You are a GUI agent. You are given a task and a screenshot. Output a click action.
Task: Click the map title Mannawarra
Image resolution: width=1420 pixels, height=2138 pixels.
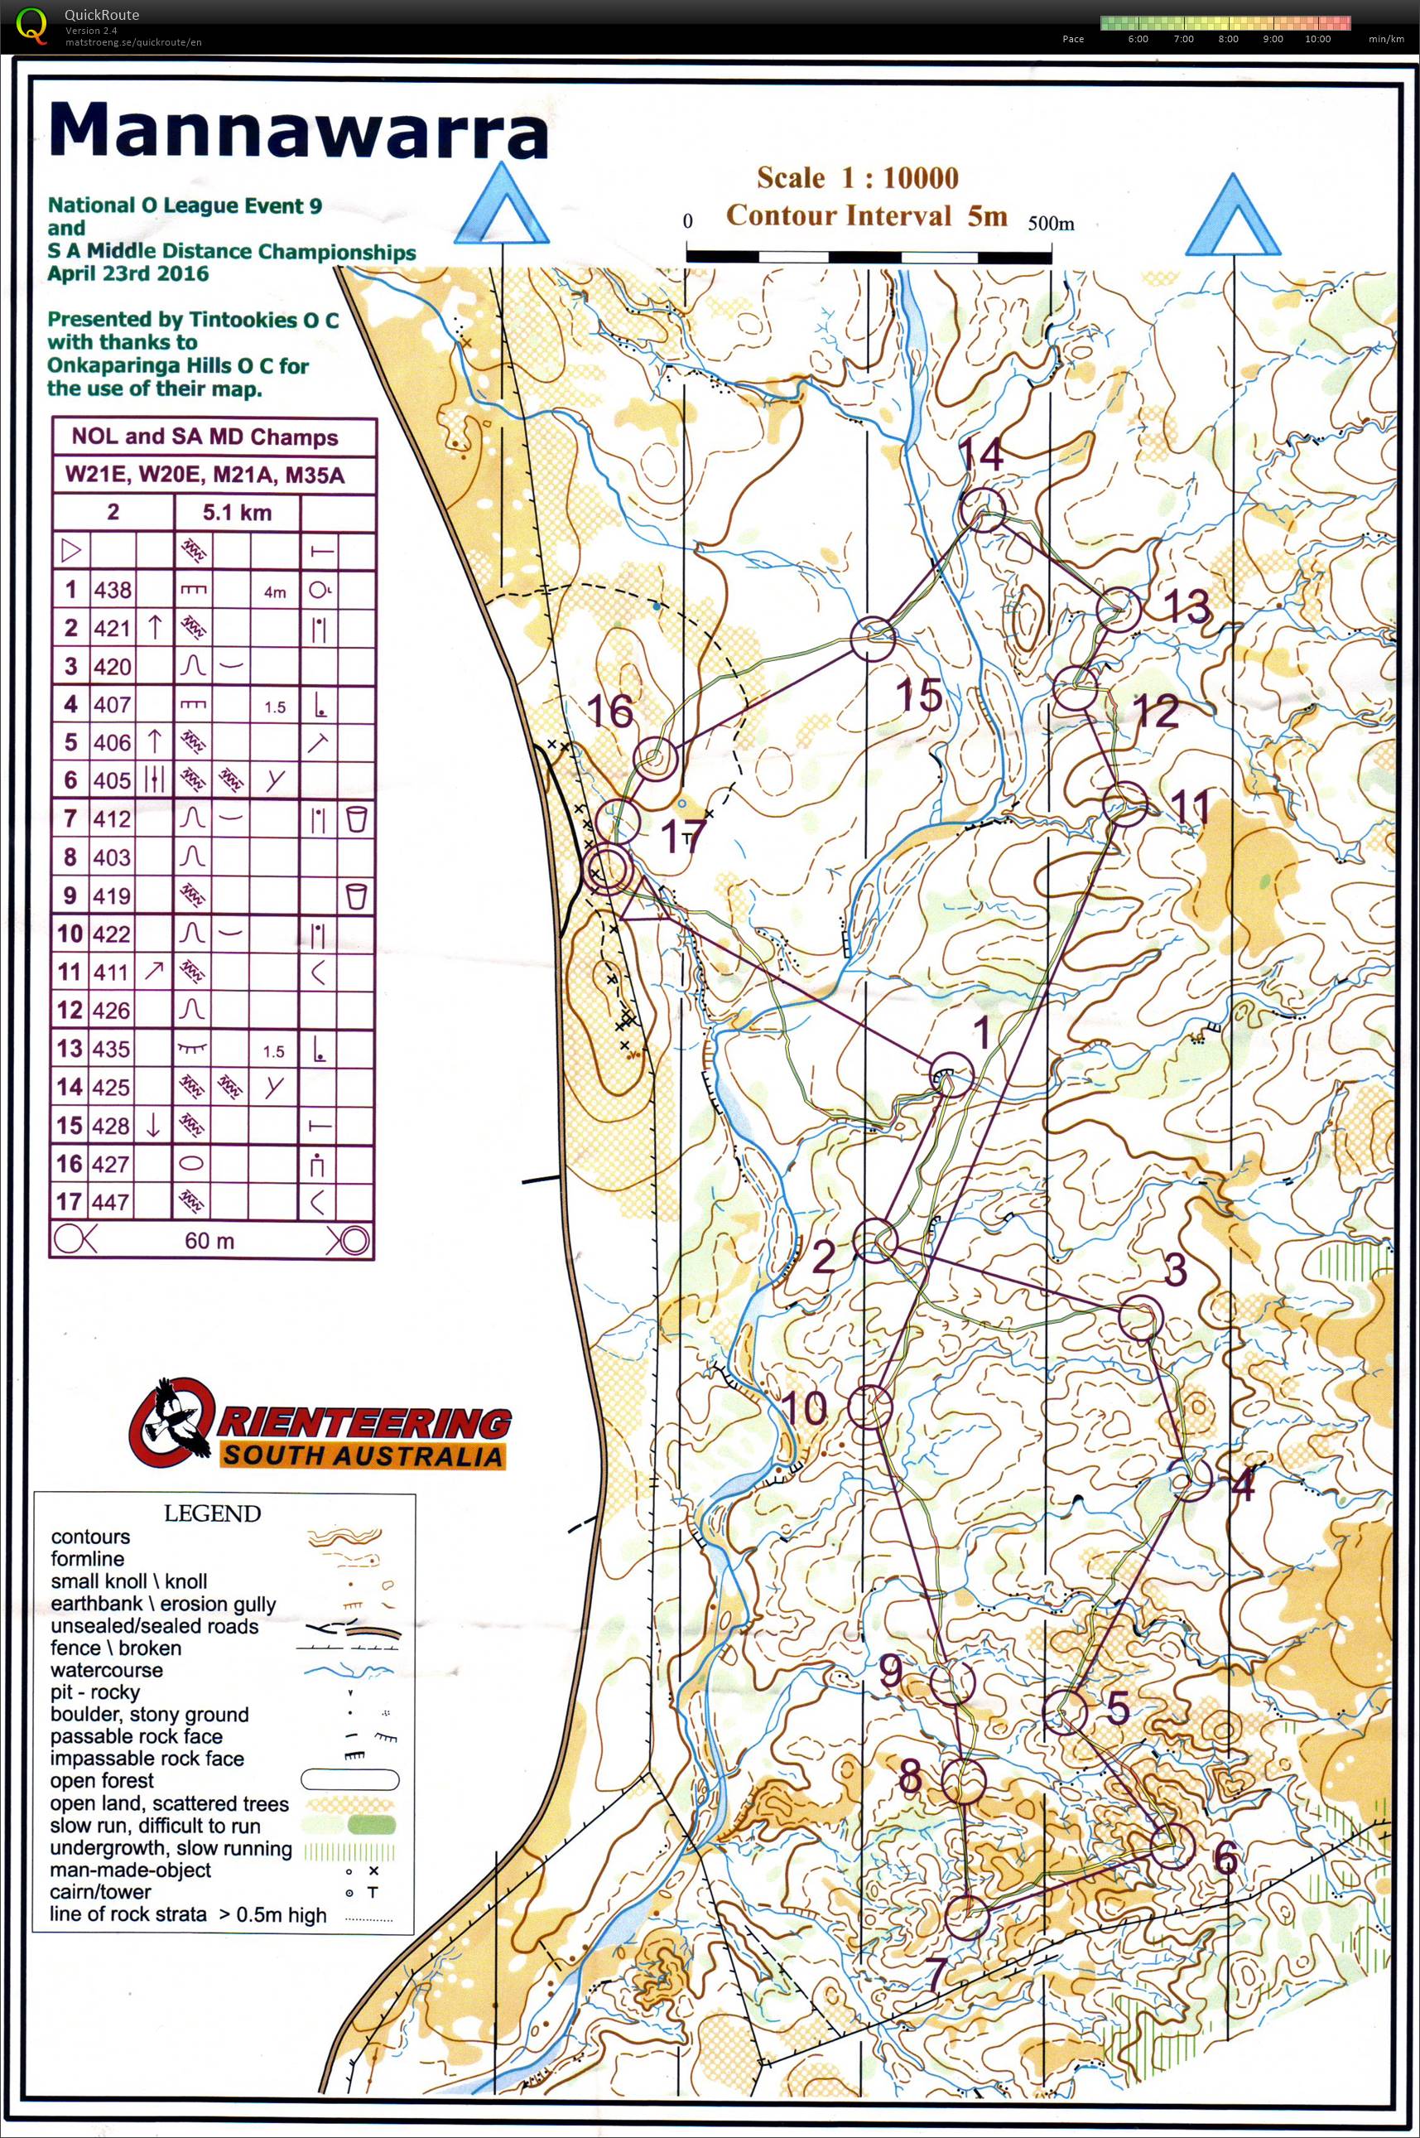pyautogui.click(x=299, y=132)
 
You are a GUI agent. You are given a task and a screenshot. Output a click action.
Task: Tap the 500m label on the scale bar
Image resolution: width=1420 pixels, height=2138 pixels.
pyautogui.click(x=1051, y=223)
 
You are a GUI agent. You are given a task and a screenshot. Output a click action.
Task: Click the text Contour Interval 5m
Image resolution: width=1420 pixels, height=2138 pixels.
pyautogui.click(x=867, y=215)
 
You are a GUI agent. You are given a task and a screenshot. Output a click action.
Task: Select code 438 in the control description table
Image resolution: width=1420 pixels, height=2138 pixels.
pyautogui.click(x=113, y=590)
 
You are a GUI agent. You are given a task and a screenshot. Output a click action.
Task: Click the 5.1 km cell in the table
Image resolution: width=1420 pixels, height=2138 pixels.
pyautogui.click(x=236, y=513)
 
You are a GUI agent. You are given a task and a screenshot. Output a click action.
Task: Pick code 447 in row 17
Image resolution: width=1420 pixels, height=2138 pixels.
pyautogui.click(x=113, y=1202)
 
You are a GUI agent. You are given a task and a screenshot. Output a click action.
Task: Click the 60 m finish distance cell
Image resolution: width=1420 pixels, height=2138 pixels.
pyautogui.click(x=209, y=1240)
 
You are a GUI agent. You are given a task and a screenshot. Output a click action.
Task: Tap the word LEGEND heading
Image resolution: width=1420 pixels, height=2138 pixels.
pyautogui.click(x=212, y=1513)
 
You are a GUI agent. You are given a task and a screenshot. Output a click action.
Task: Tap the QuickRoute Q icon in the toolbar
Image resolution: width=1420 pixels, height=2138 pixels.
pyautogui.click(x=32, y=26)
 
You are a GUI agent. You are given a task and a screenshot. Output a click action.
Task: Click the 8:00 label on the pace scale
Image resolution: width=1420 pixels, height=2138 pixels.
pyautogui.click(x=1228, y=39)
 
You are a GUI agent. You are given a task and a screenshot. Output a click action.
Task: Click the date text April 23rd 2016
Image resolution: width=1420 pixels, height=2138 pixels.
pyautogui.click(x=128, y=273)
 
